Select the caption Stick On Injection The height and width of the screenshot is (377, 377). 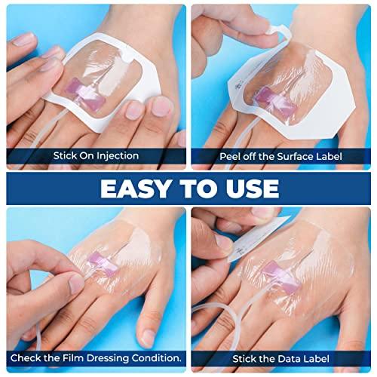(96, 157)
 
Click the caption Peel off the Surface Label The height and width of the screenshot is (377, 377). (280, 157)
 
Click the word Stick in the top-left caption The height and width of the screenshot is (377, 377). (65, 157)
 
